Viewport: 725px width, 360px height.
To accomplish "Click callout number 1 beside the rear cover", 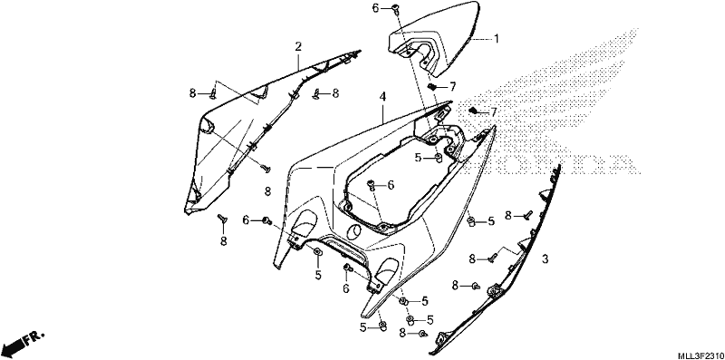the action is coord(496,39).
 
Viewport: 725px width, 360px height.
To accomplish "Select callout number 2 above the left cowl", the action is coord(298,46).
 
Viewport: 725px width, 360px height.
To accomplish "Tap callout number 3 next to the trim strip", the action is coord(546,259).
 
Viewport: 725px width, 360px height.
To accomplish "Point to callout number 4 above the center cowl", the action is coord(382,97).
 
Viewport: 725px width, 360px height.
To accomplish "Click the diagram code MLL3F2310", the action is coord(701,355).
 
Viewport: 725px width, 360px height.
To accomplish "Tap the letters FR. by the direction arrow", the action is coord(34,337).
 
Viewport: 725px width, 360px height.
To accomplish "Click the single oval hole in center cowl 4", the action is coord(354,230).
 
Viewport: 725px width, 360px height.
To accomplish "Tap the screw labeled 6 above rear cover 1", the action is coord(395,8).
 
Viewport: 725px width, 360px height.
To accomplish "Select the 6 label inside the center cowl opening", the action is coord(391,185).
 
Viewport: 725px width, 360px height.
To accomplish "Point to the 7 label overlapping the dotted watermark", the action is coord(493,112).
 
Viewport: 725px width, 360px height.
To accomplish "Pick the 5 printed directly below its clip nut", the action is coord(318,275).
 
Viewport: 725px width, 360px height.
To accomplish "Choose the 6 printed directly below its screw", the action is coord(346,288).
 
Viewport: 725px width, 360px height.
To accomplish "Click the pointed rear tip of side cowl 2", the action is coord(361,51).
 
